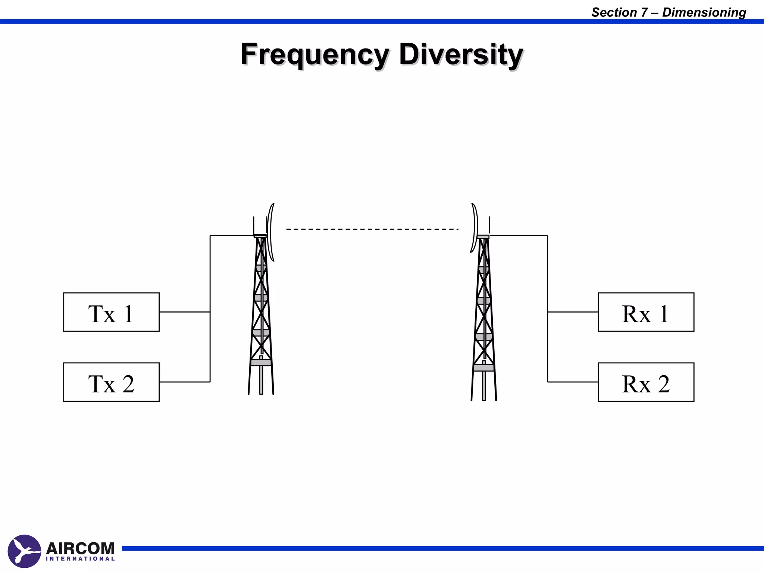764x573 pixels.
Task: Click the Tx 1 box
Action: click(111, 312)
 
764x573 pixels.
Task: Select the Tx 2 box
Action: click(111, 382)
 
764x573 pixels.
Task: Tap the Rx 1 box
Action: click(646, 312)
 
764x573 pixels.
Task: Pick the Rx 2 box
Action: click(646, 382)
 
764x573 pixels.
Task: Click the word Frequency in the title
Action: click(315, 54)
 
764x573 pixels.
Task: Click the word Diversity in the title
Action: click(461, 54)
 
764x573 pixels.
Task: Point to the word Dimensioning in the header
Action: click(704, 12)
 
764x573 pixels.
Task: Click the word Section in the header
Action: click(614, 12)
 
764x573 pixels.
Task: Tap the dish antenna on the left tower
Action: click(271, 232)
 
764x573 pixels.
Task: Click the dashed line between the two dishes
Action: click(372, 229)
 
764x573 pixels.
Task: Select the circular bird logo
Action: click(24, 551)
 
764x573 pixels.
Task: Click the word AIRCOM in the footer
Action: click(80, 548)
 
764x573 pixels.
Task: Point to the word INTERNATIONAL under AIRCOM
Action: click(80, 559)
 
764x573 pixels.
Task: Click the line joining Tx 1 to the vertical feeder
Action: click(184, 312)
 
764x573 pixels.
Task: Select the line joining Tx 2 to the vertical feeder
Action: click(184, 382)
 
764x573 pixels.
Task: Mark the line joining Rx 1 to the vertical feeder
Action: click(573, 312)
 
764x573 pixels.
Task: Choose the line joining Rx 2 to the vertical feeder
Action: click(573, 382)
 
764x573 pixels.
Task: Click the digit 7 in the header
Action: click(644, 12)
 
